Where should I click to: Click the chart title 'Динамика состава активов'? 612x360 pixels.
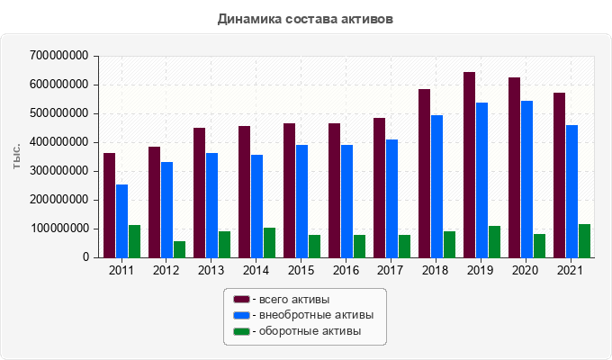(305, 18)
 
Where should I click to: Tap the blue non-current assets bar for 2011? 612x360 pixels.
(121, 220)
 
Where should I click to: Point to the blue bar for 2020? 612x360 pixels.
(526, 179)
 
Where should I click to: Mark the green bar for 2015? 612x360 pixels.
(314, 246)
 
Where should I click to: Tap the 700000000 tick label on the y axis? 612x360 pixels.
(58, 56)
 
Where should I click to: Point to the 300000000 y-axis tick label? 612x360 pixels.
(58, 171)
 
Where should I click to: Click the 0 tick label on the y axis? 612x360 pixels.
(86, 257)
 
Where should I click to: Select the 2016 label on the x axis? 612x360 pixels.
(346, 270)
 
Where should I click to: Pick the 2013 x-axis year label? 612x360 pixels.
(211, 270)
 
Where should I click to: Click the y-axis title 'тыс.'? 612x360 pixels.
(16, 157)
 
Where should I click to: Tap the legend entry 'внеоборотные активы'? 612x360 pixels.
(310, 315)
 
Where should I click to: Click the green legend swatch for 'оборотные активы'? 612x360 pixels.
(241, 331)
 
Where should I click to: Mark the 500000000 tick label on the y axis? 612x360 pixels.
(58, 113)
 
